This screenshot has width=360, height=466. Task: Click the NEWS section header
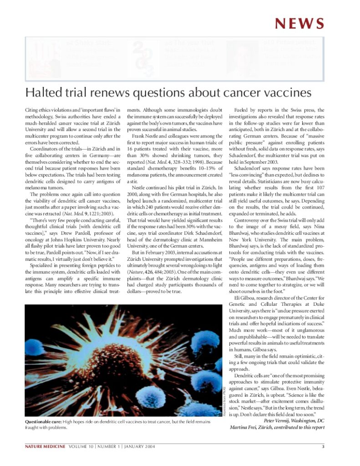(299, 23)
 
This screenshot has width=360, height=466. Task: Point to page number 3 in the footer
(323, 446)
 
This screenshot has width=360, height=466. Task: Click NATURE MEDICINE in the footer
(45, 446)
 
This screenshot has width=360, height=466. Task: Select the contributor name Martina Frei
(246, 427)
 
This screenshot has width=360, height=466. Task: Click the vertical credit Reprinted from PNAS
(225, 400)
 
